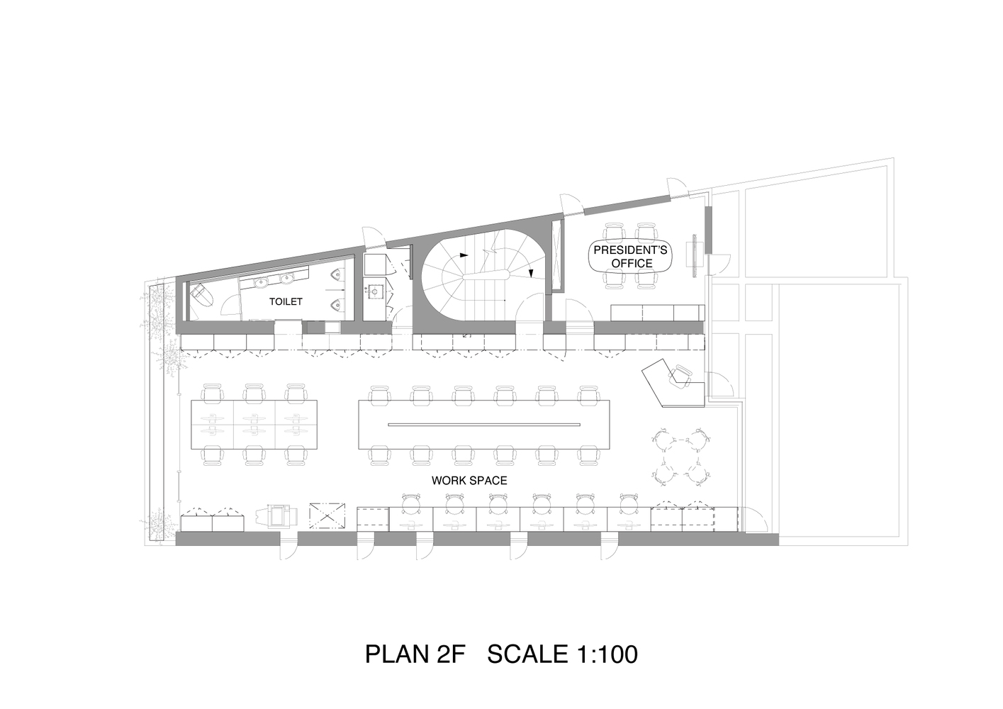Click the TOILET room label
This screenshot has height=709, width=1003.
click(286, 301)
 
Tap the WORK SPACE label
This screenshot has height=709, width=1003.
click(469, 481)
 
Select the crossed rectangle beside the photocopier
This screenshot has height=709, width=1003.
click(327, 516)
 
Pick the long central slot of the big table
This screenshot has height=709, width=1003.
click(483, 424)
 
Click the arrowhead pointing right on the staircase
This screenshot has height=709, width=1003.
click(464, 255)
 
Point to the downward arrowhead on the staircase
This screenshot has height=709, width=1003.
click(531, 272)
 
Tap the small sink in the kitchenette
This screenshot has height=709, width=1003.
click(374, 291)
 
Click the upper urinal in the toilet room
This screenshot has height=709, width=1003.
click(336, 274)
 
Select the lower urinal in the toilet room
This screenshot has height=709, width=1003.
click(336, 306)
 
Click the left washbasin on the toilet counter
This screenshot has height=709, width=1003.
click(261, 282)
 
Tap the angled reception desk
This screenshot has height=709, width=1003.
click(672, 384)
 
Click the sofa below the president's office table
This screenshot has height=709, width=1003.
click(657, 313)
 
